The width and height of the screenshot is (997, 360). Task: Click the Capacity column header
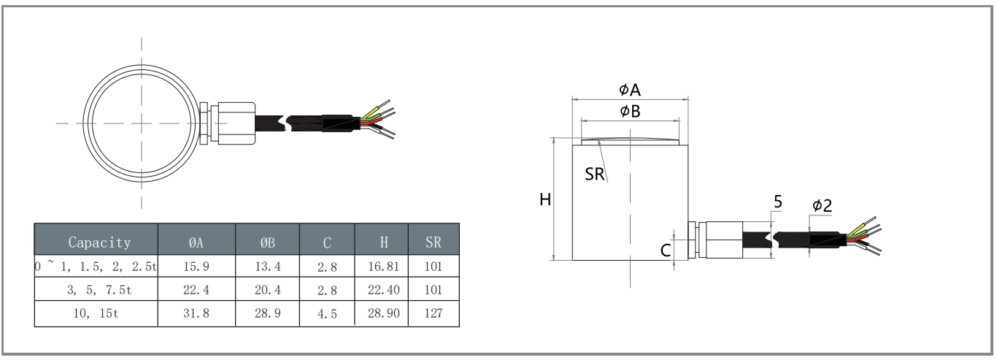tap(99, 242)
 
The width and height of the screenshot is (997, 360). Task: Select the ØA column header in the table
tap(196, 242)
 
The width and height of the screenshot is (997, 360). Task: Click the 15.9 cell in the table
tap(196, 266)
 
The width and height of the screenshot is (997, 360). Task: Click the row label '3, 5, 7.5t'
tap(96, 290)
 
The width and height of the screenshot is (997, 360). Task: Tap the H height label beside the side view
tap(544, 199)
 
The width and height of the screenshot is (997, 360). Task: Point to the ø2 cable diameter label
tap(822, 206)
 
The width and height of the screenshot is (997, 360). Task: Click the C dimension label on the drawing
tap(666, 250)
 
